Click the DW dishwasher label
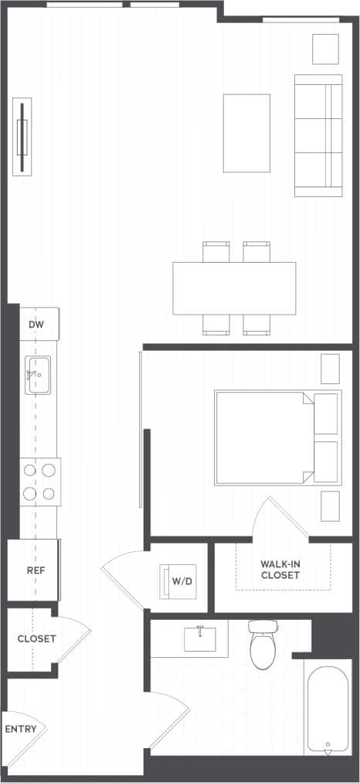36,325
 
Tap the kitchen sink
38,375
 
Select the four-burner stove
40,482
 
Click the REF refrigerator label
36,570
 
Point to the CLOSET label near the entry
36,638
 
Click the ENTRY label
20,729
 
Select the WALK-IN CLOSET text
280,569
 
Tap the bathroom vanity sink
200,639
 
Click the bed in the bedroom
267,437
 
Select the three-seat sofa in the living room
318,136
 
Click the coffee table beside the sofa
246,133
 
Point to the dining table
234,288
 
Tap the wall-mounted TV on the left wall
22,137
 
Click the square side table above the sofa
325,49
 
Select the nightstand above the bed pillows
330,369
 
